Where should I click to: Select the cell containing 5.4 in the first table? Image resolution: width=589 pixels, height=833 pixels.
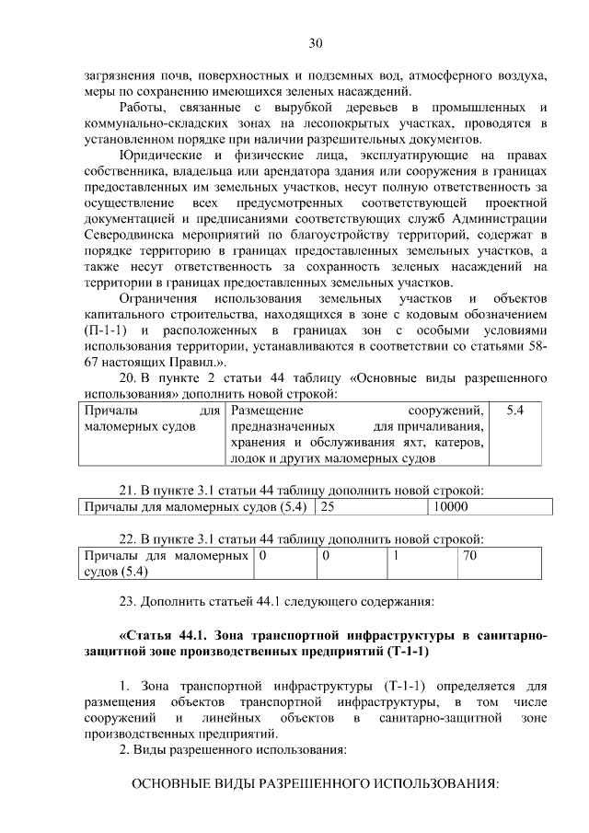click(515, 410)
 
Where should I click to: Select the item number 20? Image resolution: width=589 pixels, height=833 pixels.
click(129, 377)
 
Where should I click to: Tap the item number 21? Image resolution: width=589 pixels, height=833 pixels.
click(129, 489)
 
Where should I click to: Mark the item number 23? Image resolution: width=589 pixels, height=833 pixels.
click(129, 603)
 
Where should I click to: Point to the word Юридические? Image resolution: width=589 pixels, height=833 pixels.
click(167, 154)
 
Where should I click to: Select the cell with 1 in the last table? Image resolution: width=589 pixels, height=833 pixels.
click(396, 556)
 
